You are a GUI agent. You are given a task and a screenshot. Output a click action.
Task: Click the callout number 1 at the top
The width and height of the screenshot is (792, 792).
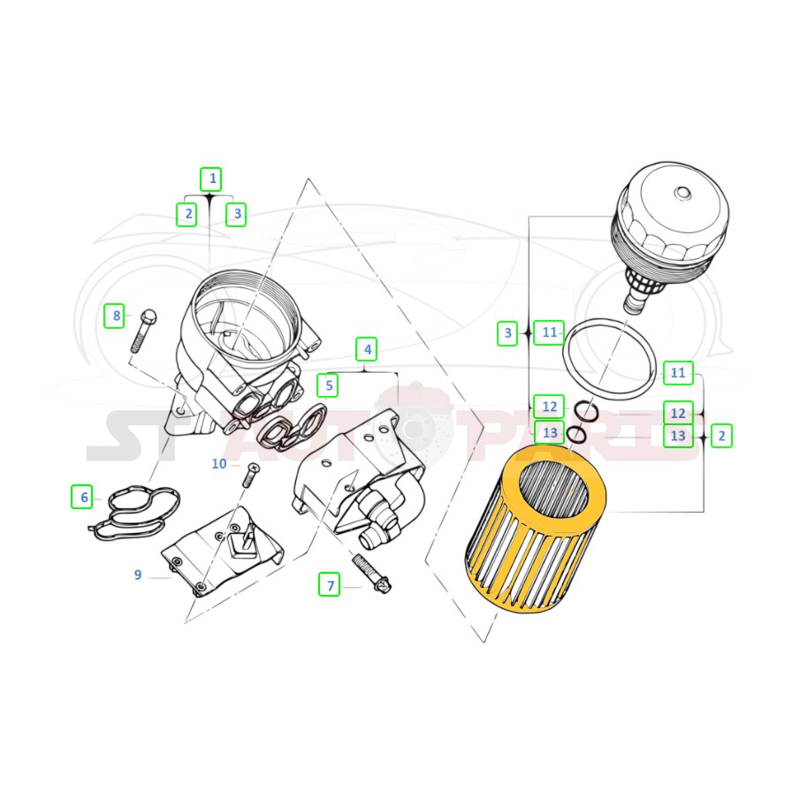[211, 179]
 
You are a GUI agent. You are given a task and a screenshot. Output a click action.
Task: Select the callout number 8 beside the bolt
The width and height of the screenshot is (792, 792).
[115, 316]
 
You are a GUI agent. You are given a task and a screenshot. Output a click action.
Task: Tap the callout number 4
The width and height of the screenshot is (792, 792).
[367, 349]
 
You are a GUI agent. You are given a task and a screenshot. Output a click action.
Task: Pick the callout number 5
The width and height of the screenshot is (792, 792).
[328, 385]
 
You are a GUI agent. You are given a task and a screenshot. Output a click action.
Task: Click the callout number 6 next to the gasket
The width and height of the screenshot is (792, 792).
[82, 497]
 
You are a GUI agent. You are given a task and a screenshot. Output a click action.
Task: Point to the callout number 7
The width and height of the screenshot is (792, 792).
[330, 584]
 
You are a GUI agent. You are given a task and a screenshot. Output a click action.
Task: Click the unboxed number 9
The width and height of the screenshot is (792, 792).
[137, 575]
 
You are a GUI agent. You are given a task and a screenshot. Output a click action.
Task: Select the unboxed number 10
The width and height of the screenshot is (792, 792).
[219, 464]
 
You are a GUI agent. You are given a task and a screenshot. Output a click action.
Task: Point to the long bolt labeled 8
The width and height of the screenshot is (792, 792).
[141, 331]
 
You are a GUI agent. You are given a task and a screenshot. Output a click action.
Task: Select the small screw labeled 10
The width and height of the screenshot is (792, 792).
[250, 475]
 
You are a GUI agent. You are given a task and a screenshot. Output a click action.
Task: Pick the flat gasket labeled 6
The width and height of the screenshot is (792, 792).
[134, 512]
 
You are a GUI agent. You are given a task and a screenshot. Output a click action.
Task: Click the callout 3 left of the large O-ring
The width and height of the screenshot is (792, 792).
[507, 333]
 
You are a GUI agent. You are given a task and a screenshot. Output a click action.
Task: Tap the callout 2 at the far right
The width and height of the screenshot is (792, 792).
[721, 436]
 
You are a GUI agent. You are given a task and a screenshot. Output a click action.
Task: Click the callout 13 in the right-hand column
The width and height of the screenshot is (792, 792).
[677, 436]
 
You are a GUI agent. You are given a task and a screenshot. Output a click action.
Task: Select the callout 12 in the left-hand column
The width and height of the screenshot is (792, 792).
[549, 407]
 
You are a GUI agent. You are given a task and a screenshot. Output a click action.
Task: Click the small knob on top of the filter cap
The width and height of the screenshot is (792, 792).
[682, 193]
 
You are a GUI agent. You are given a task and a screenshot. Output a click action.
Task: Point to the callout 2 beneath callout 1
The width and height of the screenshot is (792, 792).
[187, 214]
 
